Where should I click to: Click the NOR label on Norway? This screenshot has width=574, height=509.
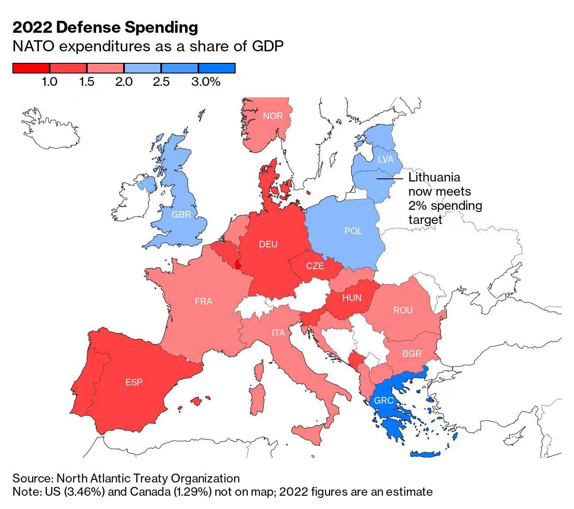[272, 116]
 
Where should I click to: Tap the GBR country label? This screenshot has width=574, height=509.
[181, 215]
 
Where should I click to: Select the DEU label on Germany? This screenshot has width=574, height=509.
[268, 244]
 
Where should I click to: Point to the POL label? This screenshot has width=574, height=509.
[353, 231]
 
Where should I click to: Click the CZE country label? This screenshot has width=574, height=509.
[315, 266]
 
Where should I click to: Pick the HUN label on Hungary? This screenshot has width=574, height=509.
[352, 298]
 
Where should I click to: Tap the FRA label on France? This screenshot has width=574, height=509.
[203, 301]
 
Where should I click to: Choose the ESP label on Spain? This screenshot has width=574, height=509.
[134, 382]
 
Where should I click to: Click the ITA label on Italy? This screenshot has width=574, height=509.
[278, 332]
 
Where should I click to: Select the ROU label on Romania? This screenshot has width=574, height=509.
[403, 310]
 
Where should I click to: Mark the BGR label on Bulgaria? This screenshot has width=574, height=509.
[411, 354]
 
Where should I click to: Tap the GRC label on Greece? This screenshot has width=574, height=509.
[384, 401]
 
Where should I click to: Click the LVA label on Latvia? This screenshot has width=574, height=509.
[385, 159]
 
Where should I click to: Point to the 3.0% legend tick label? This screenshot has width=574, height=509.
[206, 82]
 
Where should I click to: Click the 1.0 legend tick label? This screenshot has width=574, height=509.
[49, 82]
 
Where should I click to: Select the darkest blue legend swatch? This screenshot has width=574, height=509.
[217, 68]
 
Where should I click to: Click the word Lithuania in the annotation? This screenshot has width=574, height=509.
[434, 177]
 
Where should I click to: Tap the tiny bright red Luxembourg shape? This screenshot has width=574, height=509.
[238, 265]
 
